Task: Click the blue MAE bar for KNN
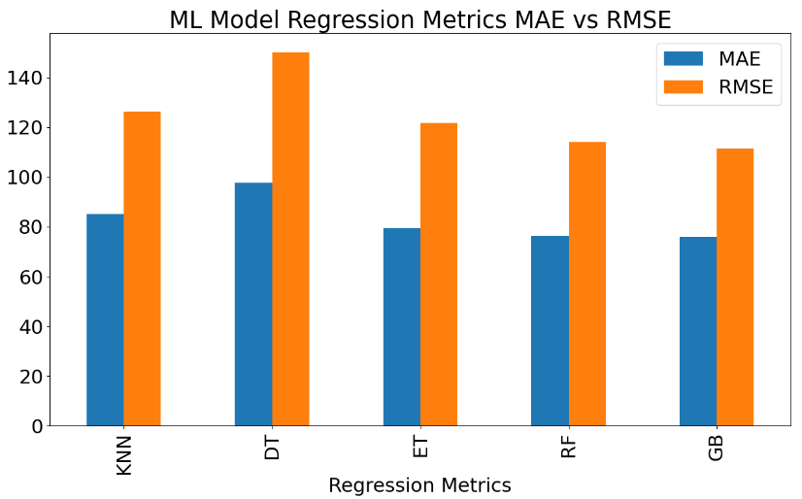click(105, 320)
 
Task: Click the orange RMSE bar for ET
click(439, 275)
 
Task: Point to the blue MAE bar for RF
click(551, 331)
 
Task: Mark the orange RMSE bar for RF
click(587, 283)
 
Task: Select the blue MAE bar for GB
click(698, 331)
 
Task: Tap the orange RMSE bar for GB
click(735, 287)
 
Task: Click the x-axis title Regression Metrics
click(419, 485)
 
